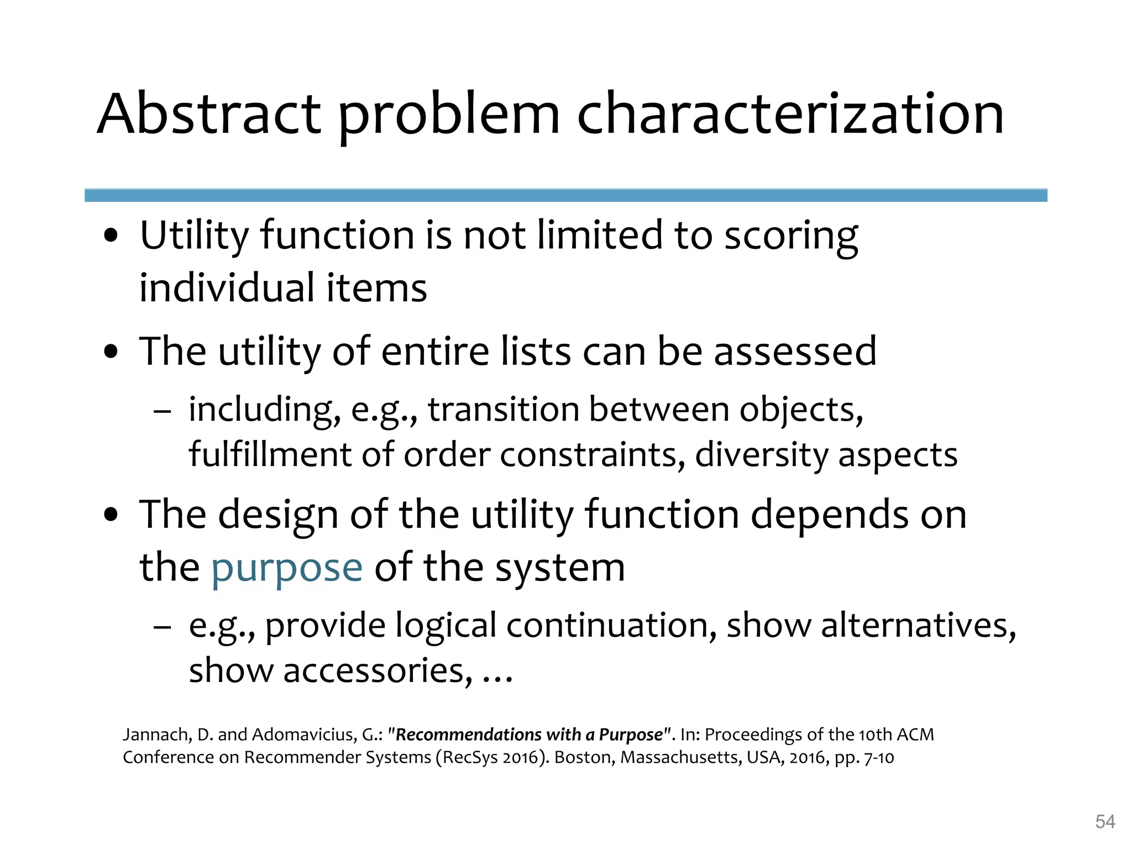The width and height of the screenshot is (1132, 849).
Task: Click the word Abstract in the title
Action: pos(208,115)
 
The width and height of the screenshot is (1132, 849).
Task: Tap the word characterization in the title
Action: pos(790,115)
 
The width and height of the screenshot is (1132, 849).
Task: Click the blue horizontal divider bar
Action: pos(565,195)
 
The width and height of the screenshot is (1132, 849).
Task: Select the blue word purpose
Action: pos(287,568)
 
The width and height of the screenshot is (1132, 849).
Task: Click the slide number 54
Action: pos(1104,821)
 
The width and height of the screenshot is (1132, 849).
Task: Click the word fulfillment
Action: pos(270,455)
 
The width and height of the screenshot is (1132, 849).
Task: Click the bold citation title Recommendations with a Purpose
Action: pos(530,735)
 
